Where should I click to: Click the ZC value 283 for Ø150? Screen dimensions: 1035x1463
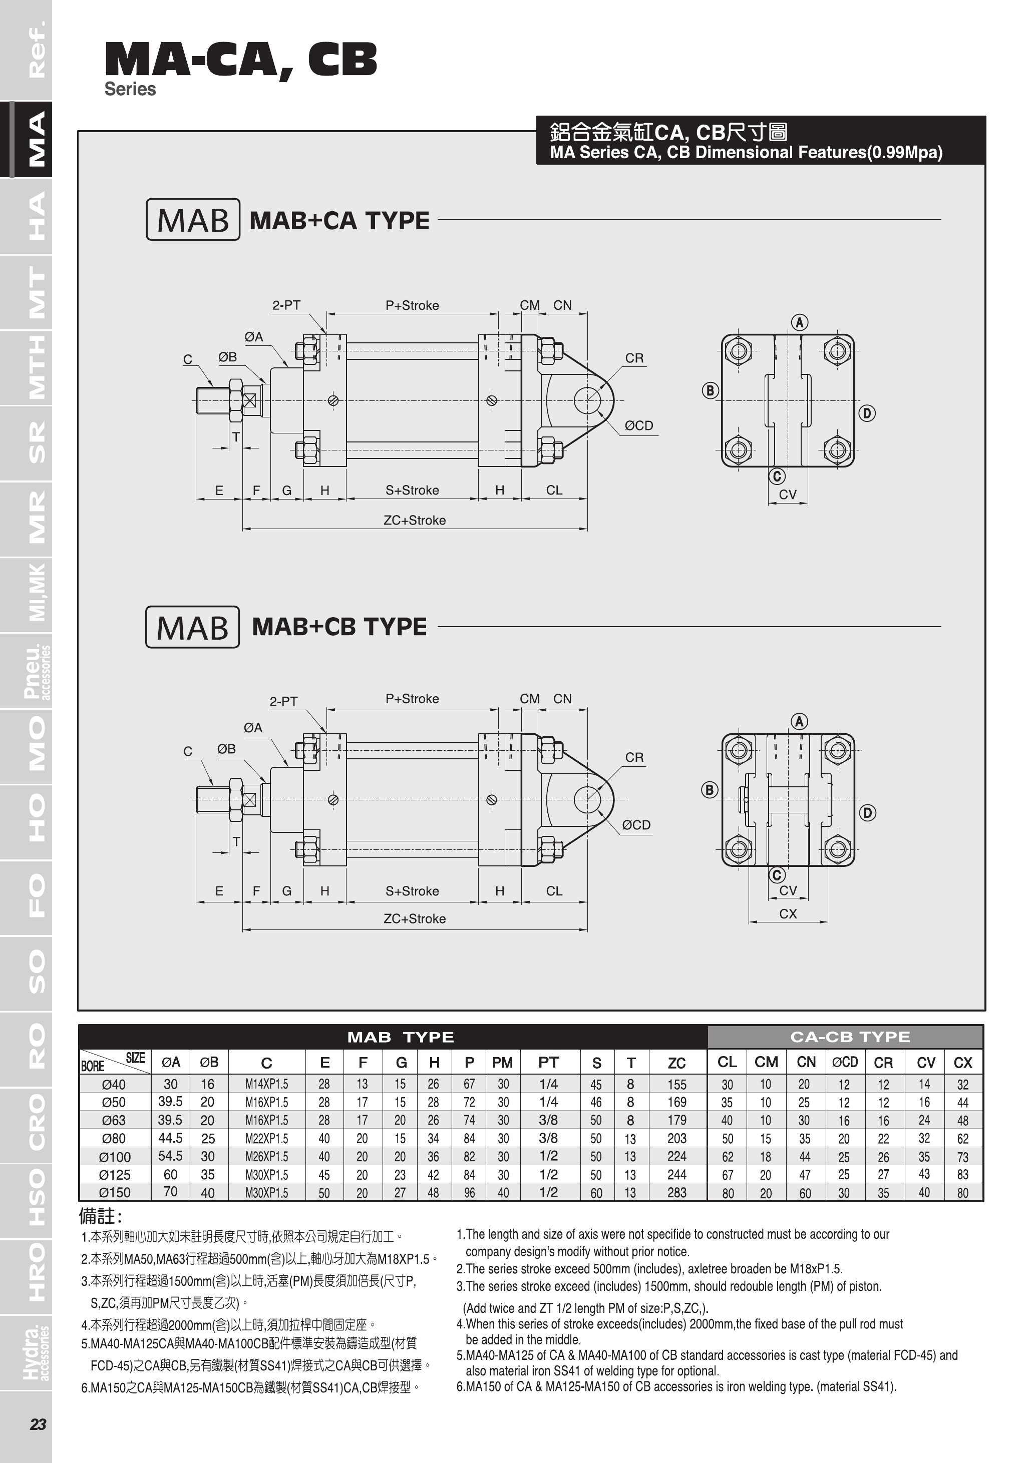coord(677,1192)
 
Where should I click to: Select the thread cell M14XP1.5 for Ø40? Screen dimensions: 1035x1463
coord(267,1084)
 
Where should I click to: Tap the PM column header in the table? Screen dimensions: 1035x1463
coord(502,1062)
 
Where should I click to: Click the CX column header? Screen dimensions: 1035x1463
coord(963,1062)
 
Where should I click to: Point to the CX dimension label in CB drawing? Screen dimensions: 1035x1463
coord(788,914)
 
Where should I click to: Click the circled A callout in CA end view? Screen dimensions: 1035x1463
coord(799,322)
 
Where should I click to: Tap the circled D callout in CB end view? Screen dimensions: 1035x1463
coord(867,812)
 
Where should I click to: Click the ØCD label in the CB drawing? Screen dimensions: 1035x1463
coord(636,824)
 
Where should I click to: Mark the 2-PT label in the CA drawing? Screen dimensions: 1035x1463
coord(286,305)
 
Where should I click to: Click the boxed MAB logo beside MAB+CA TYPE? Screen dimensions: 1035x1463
coord(193,220)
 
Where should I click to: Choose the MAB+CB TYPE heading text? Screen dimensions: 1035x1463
coord(339,626)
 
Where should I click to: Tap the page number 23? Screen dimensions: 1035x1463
coord(38,1424)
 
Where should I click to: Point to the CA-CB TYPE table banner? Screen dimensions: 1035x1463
coord(850,1037)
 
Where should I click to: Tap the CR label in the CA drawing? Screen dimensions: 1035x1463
coord(634,358)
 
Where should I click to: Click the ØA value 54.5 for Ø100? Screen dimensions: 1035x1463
coord(171,1156)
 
